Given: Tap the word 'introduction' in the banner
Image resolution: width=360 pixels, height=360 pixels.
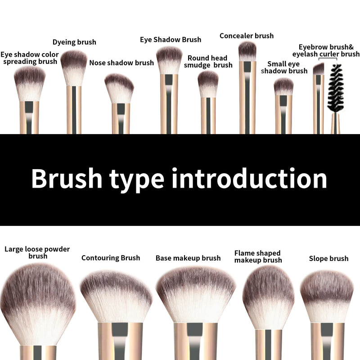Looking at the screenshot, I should (x=249, y=179).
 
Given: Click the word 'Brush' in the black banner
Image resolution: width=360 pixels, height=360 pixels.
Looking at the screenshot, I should (x=67, y=179).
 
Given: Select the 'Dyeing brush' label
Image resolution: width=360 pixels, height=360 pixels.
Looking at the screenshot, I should (x=74, y=42).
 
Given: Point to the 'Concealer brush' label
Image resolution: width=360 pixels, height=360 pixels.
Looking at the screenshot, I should (x=247, y=36).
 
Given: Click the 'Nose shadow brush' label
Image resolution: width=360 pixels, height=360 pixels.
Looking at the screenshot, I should (x=121, y=63).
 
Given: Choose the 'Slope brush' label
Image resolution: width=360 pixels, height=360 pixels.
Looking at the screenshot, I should (x=328, y=258).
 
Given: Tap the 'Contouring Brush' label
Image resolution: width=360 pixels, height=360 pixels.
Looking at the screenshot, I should (x=111, y=258).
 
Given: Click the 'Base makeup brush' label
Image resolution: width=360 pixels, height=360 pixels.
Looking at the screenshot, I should (x=188, y=258).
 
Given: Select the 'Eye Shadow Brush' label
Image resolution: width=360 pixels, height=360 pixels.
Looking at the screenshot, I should (x=171, y=40).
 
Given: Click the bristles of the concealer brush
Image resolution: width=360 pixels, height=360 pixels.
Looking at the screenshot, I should (x=247, y=50).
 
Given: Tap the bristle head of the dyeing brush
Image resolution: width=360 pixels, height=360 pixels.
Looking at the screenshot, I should (x=74, y=65).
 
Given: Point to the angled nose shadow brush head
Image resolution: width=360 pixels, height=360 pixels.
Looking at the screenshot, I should (x=119, y=88).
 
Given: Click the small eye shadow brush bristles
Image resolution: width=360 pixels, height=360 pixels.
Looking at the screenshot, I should (x=283, y=86).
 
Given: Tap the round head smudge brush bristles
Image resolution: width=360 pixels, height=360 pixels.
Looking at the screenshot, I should (x=208, y=83).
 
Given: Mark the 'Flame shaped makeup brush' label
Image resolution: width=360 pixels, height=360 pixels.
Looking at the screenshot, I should (x=257, y=256).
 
